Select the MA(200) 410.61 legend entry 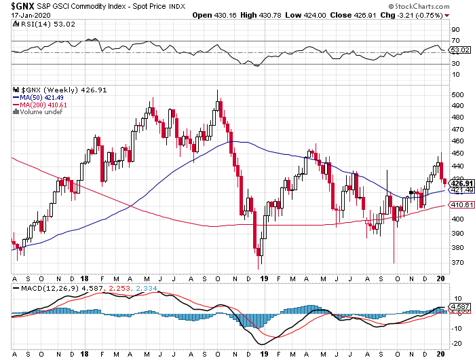(39, 105)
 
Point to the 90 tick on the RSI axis (453, 30)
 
